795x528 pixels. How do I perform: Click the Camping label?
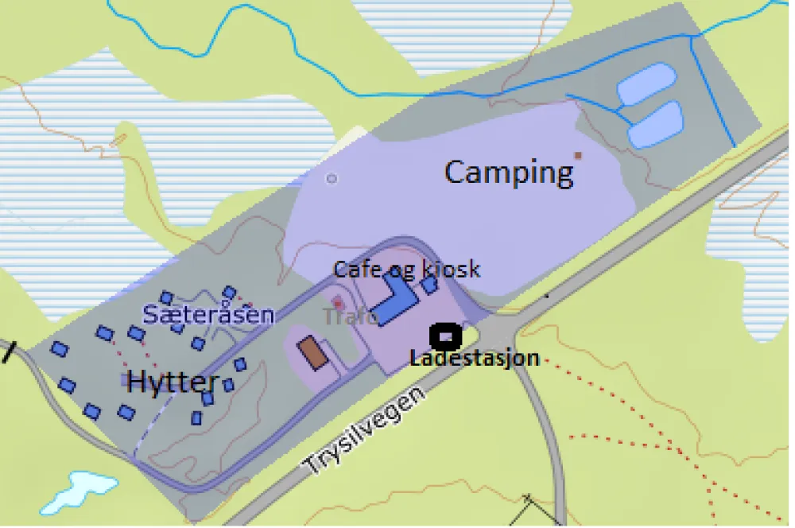point(509,172)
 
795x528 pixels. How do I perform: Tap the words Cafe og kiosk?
point(406,269)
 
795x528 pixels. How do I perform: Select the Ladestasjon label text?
point(475,358)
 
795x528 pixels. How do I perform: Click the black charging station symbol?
point(446,336)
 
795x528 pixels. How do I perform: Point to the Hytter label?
point(173,382)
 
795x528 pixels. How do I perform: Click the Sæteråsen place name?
point(208,315)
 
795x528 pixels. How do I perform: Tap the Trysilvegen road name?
point(366,430)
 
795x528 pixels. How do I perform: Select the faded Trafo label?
point(351,316)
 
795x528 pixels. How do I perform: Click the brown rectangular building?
point(313,352)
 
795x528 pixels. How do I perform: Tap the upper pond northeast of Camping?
point(646,83)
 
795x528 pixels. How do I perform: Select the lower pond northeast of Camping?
point(656,124)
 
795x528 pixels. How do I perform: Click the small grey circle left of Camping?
point(332,179)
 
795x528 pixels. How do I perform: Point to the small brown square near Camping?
point(578,155)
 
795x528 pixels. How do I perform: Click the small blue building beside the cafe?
point(429,284)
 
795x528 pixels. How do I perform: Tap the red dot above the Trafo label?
point(337,303)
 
